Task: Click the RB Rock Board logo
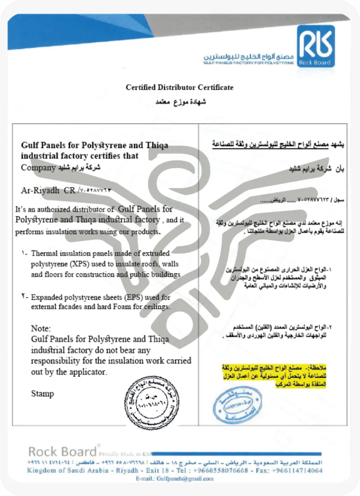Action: click(x=316, y=45)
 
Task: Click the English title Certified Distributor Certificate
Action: click(x=180, y=87)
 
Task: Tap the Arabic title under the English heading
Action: click(x=180, y=102)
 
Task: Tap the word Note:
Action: click(x=41, y=328)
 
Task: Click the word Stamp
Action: click(x=42, y=394)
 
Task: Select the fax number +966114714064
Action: click(x=295, y=470)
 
